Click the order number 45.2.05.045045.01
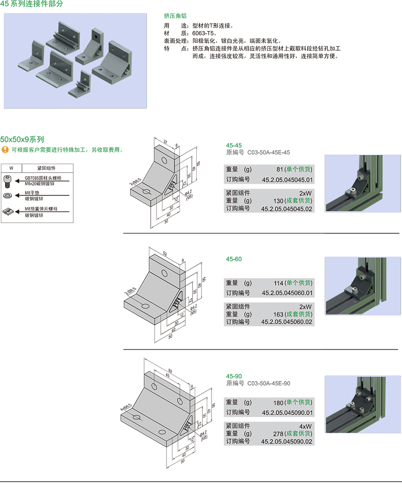pos(287,180)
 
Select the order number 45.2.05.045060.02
pos(287,322)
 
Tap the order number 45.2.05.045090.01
pos(287,413)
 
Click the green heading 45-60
pos(234,259)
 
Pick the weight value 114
pos(279,283)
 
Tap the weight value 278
pos(279,433)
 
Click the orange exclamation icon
pos(5,150)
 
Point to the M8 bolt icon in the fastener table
pos(8,181)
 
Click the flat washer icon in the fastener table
pos(8,196)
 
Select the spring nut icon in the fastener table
pos(8,211)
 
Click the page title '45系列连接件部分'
pos(32,4)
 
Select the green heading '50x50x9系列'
pos(22,139)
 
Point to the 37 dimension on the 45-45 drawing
pos(165,142)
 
